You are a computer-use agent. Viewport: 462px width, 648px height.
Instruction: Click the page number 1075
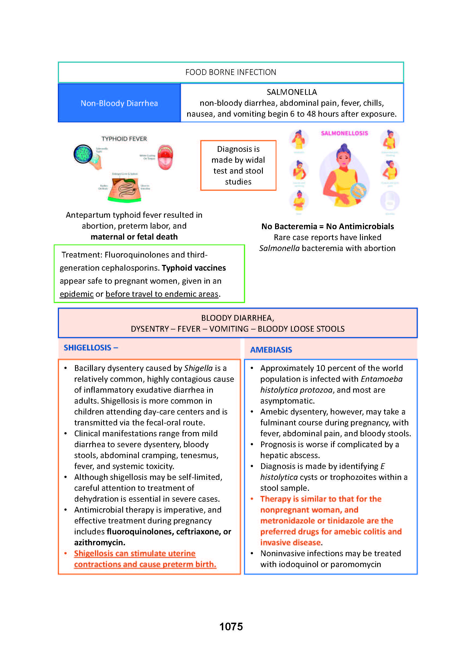pos(231,626)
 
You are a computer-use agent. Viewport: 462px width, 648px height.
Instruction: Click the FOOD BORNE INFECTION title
pos(231,72)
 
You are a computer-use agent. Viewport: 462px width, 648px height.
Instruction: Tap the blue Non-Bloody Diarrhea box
pos(119,103)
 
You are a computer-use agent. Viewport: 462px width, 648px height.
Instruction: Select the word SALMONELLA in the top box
pos(292,92)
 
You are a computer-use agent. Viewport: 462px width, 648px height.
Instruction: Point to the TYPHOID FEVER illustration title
pos(124,139)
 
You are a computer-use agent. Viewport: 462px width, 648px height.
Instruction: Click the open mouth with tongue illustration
pos(165,158)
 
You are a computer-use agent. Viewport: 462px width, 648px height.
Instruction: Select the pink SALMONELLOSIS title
pos(344,133)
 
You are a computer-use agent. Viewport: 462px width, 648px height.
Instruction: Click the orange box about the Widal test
pos(238,165)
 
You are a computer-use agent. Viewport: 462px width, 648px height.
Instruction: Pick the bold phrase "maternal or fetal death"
pos(134,237)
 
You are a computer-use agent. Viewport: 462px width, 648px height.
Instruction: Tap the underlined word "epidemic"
pos(76,294)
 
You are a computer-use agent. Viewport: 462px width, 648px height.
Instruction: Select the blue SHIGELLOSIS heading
pos(88,347)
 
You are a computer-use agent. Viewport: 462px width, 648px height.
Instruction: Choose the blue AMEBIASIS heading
pos(271,350)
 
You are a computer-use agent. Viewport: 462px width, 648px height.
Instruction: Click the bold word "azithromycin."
pos(100,542)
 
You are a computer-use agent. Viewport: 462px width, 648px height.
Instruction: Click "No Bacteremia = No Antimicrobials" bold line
pos(327,226)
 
